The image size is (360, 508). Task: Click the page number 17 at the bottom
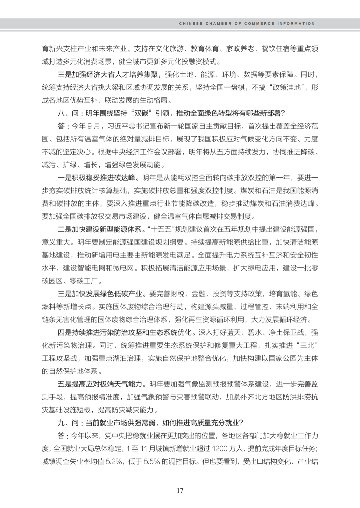(x=180, y=490)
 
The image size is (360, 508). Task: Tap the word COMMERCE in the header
(x=259, y=24)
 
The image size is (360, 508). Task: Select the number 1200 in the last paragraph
(x=219, y=448)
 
